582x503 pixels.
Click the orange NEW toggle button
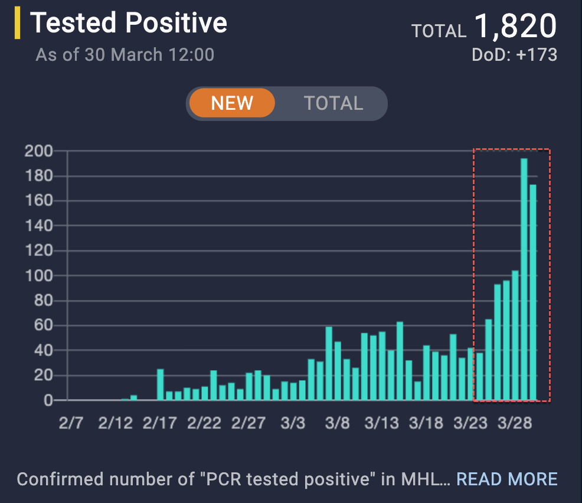(232, 103)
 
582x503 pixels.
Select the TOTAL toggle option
(333, 103)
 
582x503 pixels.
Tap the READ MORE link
(507, 479)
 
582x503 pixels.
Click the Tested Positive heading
(129, 23)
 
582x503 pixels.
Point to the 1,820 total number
(515, 27)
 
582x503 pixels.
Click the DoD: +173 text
(514, 55)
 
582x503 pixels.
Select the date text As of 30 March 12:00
(125, 55)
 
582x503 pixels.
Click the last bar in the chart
(533, 292)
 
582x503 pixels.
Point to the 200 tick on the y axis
(38, 151)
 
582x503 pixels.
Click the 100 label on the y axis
(38, 276)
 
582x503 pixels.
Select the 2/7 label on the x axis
(70, 423)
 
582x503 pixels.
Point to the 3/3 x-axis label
(293, 423)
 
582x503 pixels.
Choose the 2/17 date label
(160, 423)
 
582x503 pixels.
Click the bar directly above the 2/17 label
(160, 385)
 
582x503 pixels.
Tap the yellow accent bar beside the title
(18, 24)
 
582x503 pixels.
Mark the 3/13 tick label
(382, 423)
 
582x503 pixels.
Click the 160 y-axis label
(38, 201)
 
